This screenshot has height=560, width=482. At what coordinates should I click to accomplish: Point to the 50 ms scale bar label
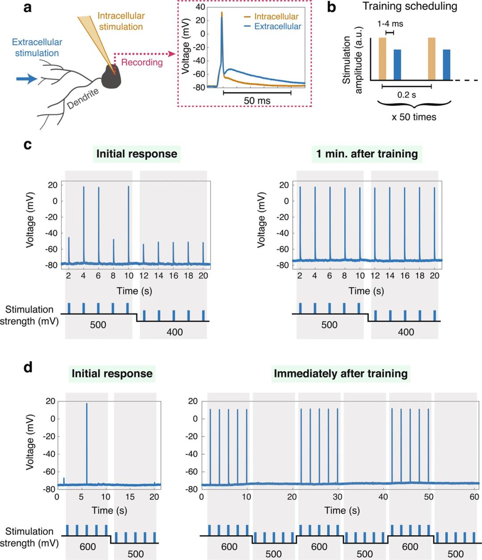pyautogui.click(x=257, y=101)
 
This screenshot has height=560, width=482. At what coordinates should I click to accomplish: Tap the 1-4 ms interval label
pyautogui.click(x=390, y=24)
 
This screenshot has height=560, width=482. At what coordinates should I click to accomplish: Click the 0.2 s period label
pyautogui.click(x=406, y=95)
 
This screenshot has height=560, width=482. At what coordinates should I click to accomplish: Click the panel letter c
pyautogui.click(x=28, y=145)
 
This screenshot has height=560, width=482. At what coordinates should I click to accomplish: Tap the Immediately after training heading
pyautogui.click(x=341, y=373)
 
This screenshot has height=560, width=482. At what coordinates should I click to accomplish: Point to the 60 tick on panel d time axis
pyautogui.click(x=473, y=497)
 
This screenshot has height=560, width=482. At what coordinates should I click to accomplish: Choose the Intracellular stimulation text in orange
pyautogui.click(x=120, y=21)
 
